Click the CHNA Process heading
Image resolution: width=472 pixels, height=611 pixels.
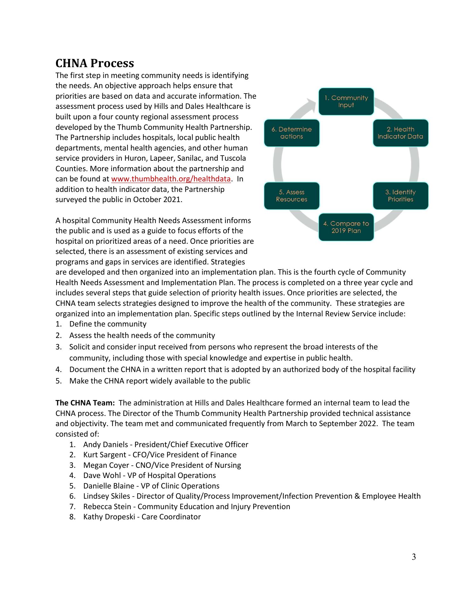(94, 63)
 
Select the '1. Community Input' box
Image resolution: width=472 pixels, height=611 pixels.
(346, 102)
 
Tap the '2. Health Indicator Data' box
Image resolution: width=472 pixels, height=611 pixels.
(400, 133)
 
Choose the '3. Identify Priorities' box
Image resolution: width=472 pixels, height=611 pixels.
(400, 196)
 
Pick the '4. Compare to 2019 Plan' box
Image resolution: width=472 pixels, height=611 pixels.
(346, 227)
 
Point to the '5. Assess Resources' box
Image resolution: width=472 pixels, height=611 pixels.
(291, 196)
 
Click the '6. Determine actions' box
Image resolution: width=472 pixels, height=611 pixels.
(291, 133)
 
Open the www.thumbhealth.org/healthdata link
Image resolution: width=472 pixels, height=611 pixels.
(171, 179)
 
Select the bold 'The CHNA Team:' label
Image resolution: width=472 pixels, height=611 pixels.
(85, 403)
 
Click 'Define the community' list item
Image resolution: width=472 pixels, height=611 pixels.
(108, 324)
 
